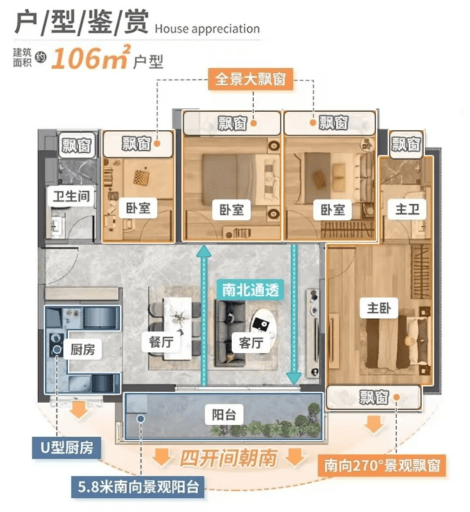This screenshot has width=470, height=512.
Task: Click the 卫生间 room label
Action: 71,196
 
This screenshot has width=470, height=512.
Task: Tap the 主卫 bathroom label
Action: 407,208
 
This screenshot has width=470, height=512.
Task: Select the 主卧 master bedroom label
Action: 378,308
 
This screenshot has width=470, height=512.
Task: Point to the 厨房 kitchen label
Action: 82,349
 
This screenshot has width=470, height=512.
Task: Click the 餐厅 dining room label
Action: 161,342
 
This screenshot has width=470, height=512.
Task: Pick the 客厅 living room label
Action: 251,342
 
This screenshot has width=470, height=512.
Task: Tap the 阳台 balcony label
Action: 224,415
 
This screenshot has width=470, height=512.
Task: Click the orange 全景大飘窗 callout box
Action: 251,79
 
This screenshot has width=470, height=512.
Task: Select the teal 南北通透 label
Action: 251,290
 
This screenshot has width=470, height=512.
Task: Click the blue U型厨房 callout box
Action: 67,447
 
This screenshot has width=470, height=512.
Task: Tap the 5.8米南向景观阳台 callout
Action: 138,487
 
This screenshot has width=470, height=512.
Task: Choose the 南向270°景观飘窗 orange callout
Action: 382,465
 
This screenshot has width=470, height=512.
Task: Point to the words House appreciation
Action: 208,29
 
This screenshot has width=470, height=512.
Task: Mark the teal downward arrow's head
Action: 294,378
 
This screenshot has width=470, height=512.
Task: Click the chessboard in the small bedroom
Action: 142,178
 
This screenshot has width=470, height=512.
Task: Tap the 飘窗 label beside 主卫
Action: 405,144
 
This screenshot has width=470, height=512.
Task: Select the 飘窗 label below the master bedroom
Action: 374,397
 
